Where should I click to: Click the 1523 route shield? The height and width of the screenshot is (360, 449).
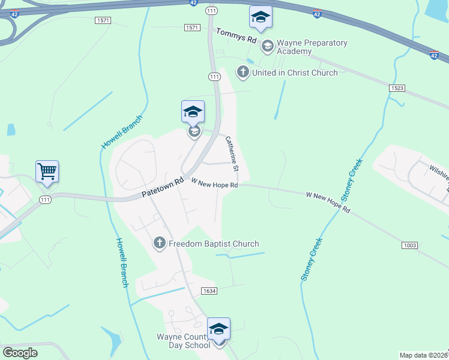click(397, 88)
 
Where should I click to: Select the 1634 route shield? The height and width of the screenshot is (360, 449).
click(209, 291)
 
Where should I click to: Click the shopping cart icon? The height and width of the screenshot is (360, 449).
click(47, 171)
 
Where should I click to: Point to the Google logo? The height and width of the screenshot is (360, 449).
click(19, 353)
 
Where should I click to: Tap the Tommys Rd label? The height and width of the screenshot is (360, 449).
click(236, 36)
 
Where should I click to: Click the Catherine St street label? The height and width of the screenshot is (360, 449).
click(232, 151)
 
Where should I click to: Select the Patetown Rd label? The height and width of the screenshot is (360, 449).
click(162, 188)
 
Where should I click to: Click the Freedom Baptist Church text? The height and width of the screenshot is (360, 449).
click(214, 244)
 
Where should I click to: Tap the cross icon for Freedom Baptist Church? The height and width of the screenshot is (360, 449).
click(160, 243)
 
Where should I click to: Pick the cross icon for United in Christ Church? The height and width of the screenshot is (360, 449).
click(243, 73)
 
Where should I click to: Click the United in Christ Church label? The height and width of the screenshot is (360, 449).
click(295, 73)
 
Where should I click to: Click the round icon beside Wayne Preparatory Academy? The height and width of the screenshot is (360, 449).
click(267, 44)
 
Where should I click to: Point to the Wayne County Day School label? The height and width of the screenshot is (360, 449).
click(183, 341)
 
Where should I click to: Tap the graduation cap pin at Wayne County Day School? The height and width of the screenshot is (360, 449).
click(218, 329)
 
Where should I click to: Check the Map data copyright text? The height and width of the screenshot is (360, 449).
click(424, 355)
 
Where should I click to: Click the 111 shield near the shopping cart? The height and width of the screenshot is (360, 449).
click(46, 200)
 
